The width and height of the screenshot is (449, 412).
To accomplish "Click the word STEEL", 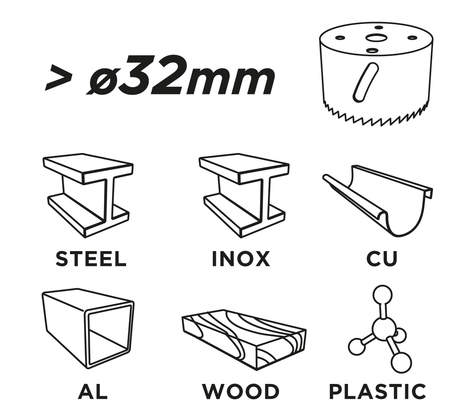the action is pyautogui.click(x=91, y=259).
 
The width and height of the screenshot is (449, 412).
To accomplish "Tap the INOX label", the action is pyautogui.click(x=241, y=259).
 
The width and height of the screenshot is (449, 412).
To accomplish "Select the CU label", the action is pyautogui.click(x=382, y=259).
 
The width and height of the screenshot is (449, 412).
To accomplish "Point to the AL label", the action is pyautogui.click(x=93, y=391).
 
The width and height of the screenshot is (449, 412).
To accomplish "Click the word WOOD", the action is pyautogui.click(x=241, y=391).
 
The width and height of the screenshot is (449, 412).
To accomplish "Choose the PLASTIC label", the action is pyautogui.click(x=378, y=391).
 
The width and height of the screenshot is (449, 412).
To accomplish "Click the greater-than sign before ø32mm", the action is pyautogui.click(x=59, y=78).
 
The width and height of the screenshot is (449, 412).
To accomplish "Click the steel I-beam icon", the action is pyautogui.click(x=88, y=195).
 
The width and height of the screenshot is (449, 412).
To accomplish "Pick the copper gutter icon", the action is pyautogui.click(x=378, y=201).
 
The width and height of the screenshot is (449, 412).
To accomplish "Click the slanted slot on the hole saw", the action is pyautogui.click(x=366, y=82).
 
